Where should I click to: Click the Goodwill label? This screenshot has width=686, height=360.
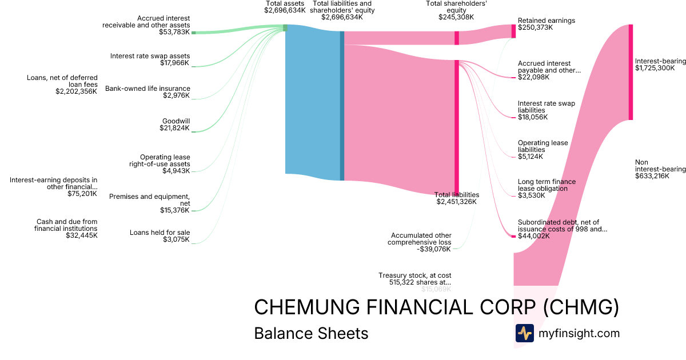point(176,121)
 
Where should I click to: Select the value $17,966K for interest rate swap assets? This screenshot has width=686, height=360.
point(175,62)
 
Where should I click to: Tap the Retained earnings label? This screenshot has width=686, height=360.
point(546,21)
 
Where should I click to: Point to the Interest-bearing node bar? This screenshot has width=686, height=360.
point(631,72)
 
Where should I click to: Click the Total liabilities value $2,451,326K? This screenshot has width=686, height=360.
point(456,202)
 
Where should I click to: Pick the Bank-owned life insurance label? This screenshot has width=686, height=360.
point(147,89)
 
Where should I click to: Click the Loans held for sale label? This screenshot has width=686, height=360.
point(159,233)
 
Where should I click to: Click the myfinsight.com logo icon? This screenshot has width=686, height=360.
point(524,333)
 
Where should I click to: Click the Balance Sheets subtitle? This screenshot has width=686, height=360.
point(311,333)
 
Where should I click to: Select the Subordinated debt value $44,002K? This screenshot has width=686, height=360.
point(534,236)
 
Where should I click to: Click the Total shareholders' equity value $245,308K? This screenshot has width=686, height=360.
point(456,17)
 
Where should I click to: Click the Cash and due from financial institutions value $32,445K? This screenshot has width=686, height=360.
point(81,235)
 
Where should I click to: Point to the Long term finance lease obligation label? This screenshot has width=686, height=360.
point(547,185)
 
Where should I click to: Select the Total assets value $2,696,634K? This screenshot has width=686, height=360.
point(285,10)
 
